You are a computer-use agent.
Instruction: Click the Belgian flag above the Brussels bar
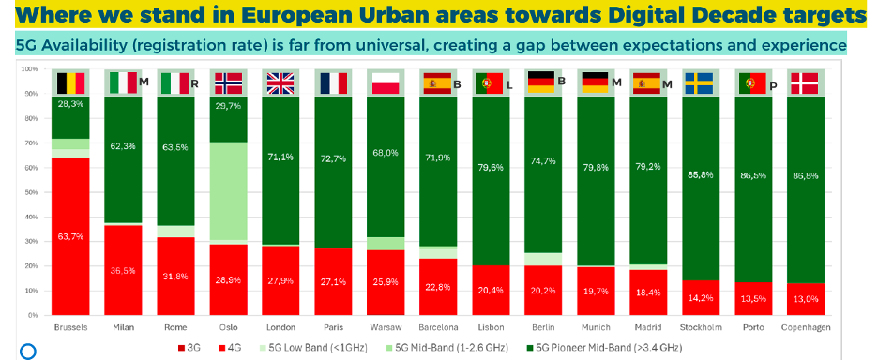[x=71, y=83]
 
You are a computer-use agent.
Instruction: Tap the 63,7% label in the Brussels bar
[x=71, y=237]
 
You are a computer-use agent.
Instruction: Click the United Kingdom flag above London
[x=280, y=83]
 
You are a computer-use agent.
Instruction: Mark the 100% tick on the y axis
[x=28, y=70]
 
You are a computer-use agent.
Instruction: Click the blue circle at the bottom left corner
[x=27, y=352]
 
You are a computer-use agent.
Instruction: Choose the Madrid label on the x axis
[x=648, y=327]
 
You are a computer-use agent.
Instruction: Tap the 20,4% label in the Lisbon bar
[x=491, y=290]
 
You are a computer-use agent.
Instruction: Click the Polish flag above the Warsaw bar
[x=386, y=83]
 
